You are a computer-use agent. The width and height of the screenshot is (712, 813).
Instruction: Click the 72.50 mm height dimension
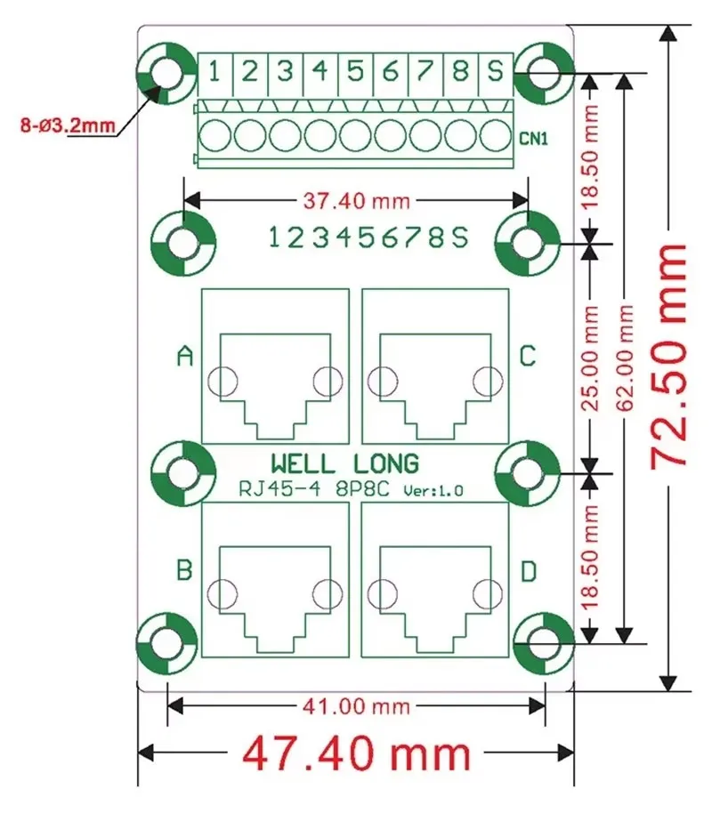point(669,356)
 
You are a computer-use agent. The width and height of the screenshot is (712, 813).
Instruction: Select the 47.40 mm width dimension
point(356,754)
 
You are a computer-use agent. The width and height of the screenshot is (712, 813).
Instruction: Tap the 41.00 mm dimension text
point(356,706)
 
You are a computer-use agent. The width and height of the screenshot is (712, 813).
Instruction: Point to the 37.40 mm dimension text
point(356,201)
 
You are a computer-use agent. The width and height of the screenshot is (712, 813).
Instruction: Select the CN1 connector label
point(533,140)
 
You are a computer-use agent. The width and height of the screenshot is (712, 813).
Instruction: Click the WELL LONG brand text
point(344,464)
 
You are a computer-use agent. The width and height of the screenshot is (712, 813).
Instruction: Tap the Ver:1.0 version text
point(433,490)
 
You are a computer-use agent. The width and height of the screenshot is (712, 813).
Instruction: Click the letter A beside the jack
point(184,357)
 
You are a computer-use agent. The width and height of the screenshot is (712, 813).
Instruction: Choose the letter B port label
point(184,570)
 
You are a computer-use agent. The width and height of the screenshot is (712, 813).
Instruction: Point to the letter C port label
point(528,357)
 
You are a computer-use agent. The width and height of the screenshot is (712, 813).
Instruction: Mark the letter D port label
point(528,573)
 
